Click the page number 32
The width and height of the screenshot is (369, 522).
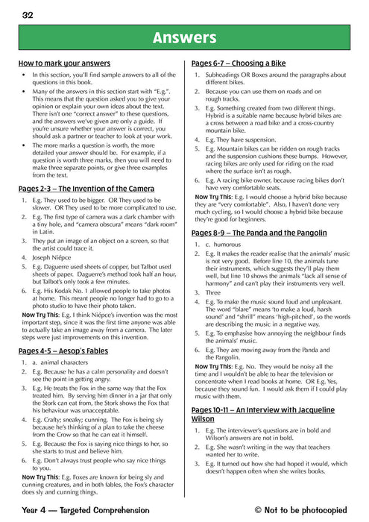click(x=28, y=14)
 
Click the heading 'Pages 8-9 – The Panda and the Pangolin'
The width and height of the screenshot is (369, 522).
click(x=259, y=233)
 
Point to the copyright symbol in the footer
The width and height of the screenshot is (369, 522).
click(x=259, y=510)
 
